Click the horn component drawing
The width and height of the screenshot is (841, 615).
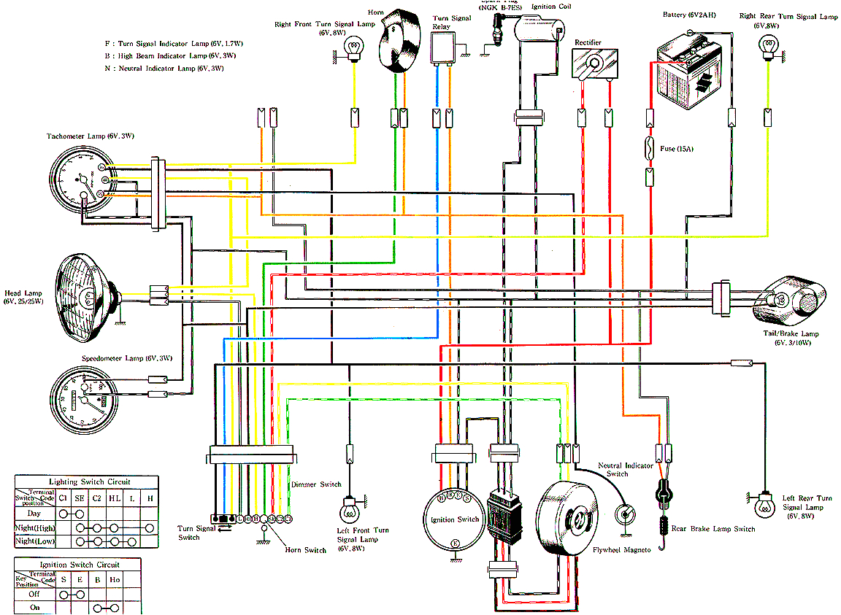(x=399, y=41)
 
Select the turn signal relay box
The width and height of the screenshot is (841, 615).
(x=442, y=49)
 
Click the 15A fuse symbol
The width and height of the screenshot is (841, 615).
(x=650, y=150)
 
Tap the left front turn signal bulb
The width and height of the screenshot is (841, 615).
(x=350, y=505)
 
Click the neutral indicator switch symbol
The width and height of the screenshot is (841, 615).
(x=625, y=514)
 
